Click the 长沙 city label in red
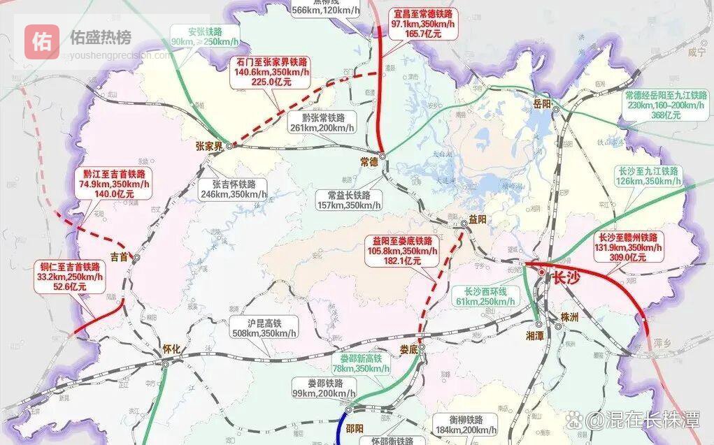[x=566, y=277]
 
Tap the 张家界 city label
[x=210, y=146]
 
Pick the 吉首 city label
[x=120, y=256]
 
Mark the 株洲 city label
[x=571, y=317]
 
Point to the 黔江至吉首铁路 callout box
[x=113, y=184]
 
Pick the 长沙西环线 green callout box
[x=490, y=296]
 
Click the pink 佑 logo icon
[x=42, y=41]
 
